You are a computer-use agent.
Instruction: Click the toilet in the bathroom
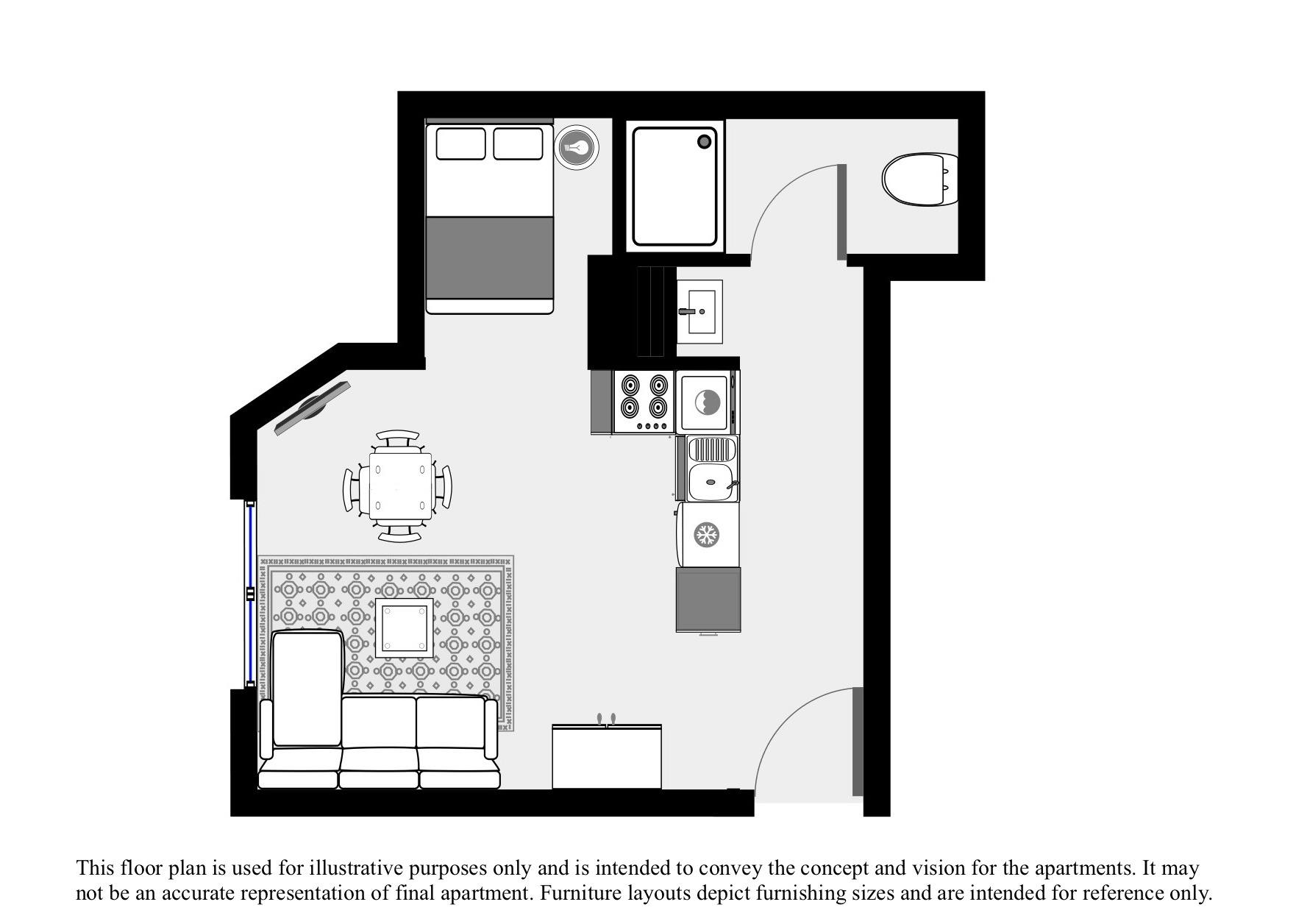point(919,180)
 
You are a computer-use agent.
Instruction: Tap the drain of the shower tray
point(705,142)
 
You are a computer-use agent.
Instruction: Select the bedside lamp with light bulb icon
point(577,147)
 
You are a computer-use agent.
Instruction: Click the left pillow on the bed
point(460,143)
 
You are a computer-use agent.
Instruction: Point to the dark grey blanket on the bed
point(489,257)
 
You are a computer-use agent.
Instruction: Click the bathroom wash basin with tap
point(699,311)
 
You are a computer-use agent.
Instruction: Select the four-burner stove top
point(644,402)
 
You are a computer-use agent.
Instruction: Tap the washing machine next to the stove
point(706,402)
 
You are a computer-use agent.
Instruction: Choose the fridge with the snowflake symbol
point(707,535)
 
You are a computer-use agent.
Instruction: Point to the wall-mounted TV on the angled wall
point(312,408)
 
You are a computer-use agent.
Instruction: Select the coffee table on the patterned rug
point(404,628)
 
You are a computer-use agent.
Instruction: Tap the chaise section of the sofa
point(307,688)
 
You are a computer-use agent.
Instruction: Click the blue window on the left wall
point(250,593)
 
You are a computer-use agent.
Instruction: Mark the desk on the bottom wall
point(607,756)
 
